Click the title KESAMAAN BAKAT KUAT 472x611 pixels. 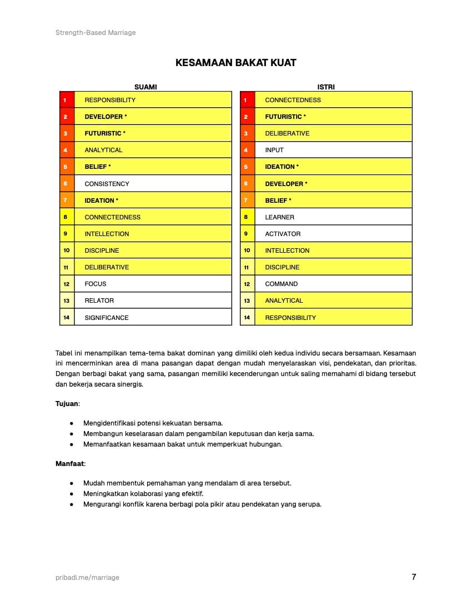235,63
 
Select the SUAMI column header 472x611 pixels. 145,87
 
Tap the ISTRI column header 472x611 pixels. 326,87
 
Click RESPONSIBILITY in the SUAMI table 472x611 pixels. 110,100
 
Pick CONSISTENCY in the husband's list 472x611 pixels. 107,184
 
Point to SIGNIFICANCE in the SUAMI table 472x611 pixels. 107,318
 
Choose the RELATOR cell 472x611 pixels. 99,301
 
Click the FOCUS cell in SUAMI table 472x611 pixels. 96,284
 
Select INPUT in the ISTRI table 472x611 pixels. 274,150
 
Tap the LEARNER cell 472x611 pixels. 279,217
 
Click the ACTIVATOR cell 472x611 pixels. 283,234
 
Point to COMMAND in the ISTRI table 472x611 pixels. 281,284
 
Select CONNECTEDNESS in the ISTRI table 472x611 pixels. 293,100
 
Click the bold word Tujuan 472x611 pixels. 67,404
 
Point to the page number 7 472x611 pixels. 414,577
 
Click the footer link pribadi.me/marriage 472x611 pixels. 87,577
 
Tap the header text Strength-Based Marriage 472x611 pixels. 96,33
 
